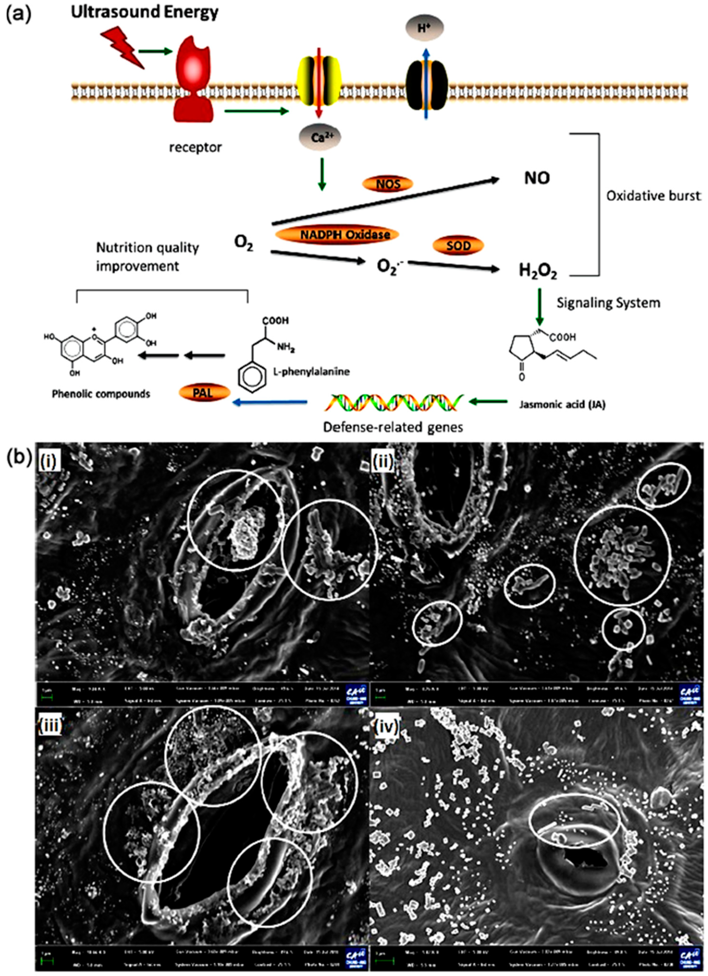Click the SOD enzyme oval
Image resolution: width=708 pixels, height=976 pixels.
[458, 246]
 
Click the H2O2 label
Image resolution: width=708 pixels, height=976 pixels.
[538, 271]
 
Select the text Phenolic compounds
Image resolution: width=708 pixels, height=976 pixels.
[101, 394]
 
